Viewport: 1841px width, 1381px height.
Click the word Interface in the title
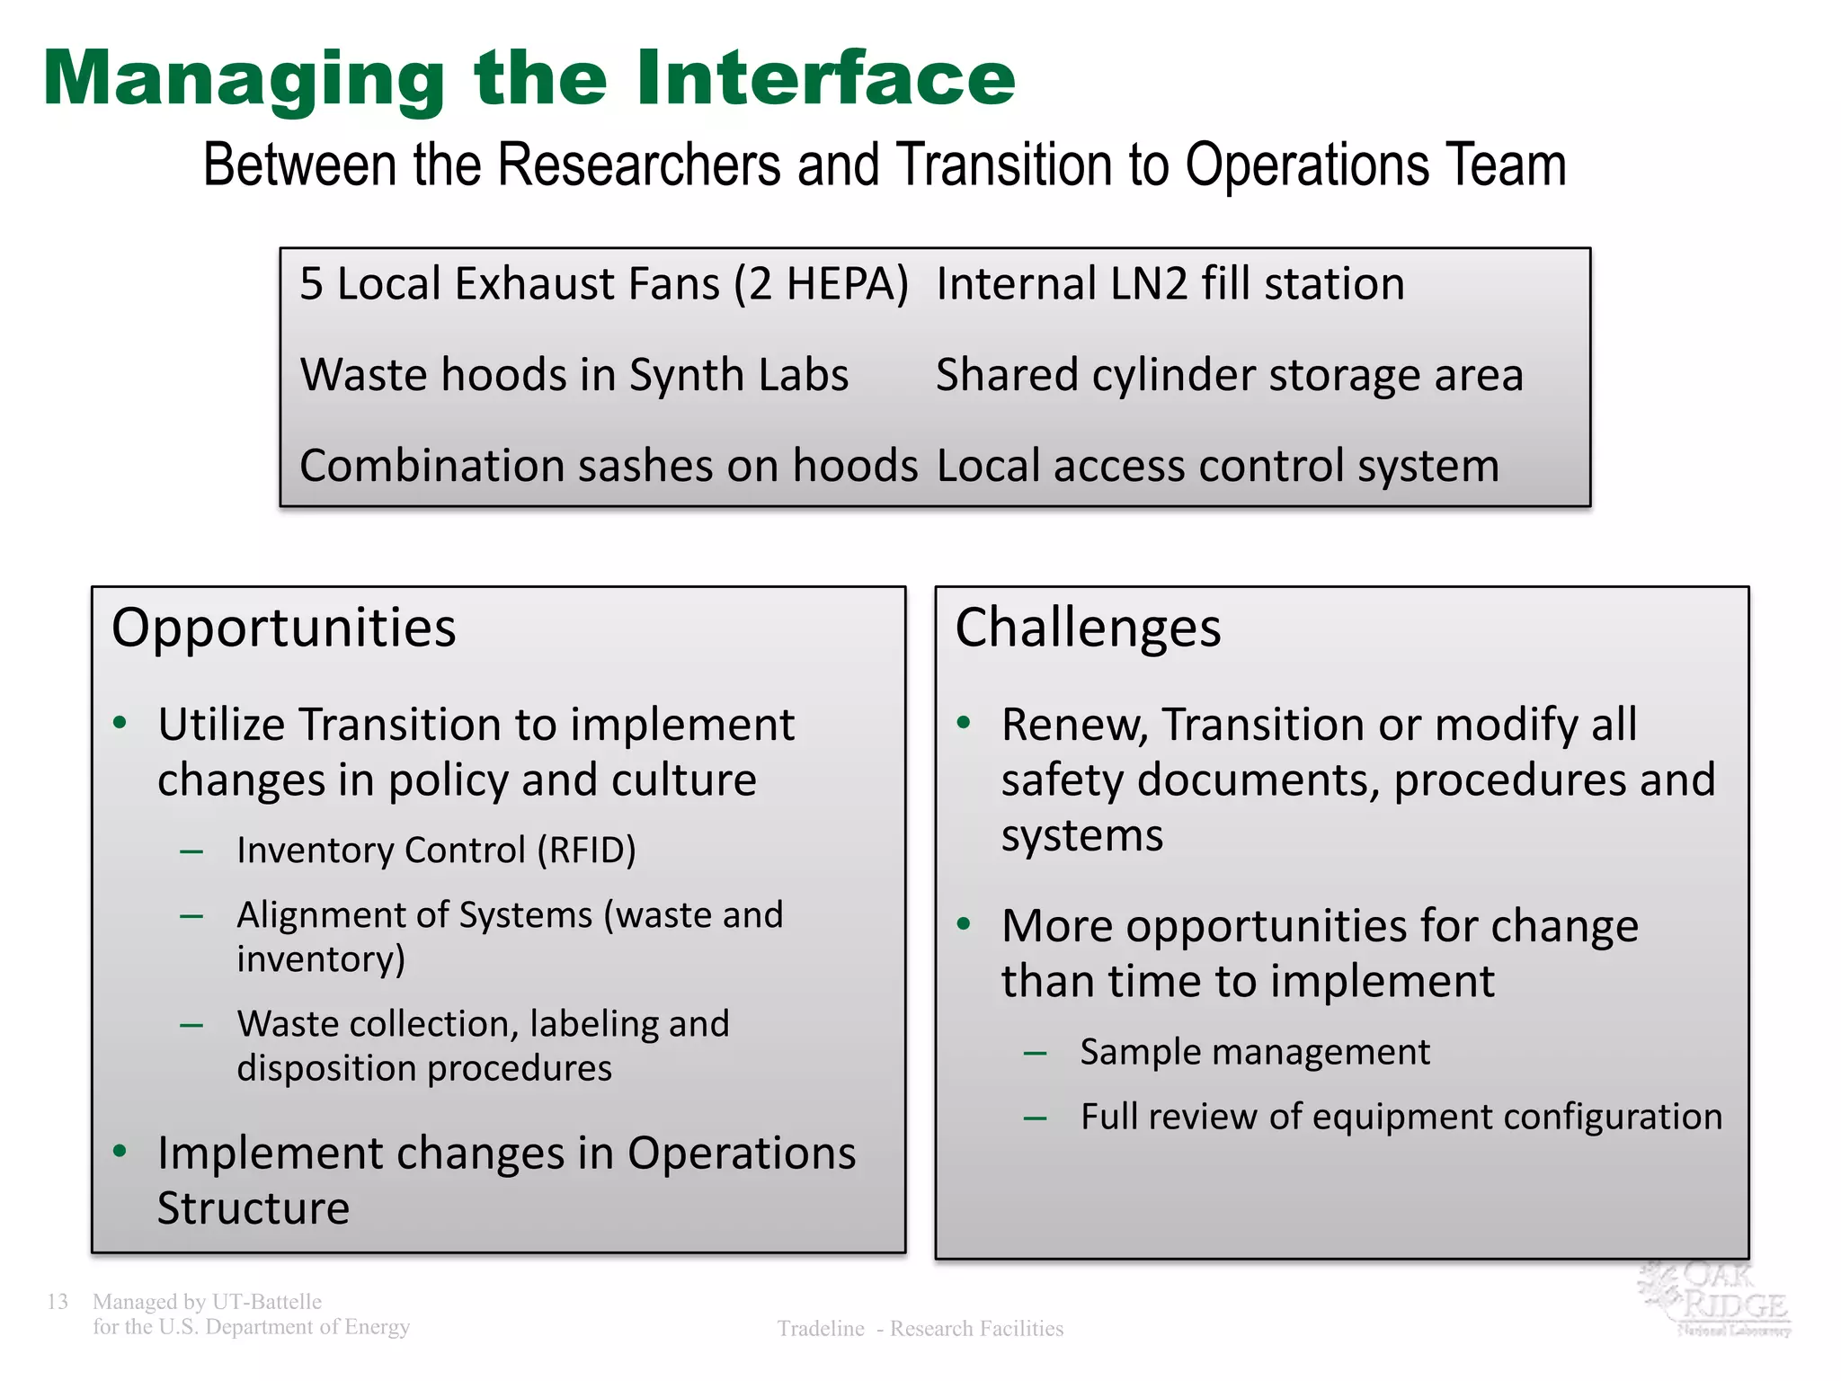826,79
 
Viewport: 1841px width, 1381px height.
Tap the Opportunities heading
283,628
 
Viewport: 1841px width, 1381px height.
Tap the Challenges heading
1088,628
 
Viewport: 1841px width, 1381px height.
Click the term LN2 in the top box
1149,284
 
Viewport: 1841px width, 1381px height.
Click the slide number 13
58,1301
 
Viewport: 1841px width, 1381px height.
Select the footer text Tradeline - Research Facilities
920,1328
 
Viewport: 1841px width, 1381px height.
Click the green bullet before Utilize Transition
120,723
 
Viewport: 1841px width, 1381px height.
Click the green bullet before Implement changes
120,1151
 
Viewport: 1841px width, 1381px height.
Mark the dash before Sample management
1035,1053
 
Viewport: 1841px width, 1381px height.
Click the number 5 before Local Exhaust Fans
311,284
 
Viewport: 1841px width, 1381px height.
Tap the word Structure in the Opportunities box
253,1208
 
